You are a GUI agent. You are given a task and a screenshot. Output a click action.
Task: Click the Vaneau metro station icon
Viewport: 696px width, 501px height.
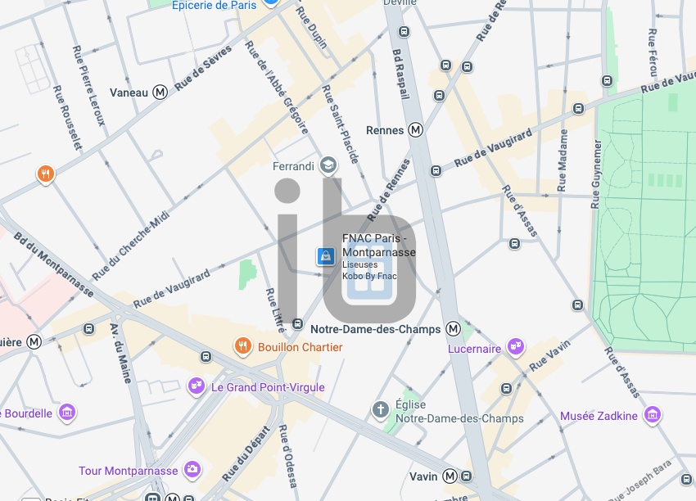tap(160, 93)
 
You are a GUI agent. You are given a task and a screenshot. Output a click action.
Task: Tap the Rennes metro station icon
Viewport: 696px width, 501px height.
tap(416, 129)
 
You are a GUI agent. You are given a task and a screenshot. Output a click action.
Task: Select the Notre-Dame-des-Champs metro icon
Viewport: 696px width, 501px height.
tap(453, 329)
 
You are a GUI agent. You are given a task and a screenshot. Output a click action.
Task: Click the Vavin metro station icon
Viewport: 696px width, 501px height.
tap(450, 476)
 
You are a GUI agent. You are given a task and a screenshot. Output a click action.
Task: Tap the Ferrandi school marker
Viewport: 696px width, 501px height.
tap(328, 165)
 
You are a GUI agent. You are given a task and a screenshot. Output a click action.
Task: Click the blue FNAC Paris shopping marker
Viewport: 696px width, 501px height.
tap(326, 257)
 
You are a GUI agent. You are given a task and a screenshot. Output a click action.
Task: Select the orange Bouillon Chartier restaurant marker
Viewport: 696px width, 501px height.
tap(242, 346)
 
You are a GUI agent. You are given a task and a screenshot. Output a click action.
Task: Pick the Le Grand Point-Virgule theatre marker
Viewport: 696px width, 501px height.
tap(197, 386)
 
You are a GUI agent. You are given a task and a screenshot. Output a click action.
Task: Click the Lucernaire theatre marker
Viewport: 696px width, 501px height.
tap(515, 347)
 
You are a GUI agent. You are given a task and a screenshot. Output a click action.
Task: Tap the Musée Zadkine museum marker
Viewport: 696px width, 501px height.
tap(653, 415)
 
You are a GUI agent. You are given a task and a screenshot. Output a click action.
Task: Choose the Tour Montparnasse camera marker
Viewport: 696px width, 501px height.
tap(192, 470)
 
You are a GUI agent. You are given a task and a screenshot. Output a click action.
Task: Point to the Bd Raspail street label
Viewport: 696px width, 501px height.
tap(400, 74)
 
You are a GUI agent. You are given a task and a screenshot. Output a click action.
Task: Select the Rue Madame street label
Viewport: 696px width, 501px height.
tap(563, 160)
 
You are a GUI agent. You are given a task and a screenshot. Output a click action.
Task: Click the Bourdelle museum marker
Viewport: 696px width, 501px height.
tap(68, 412)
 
